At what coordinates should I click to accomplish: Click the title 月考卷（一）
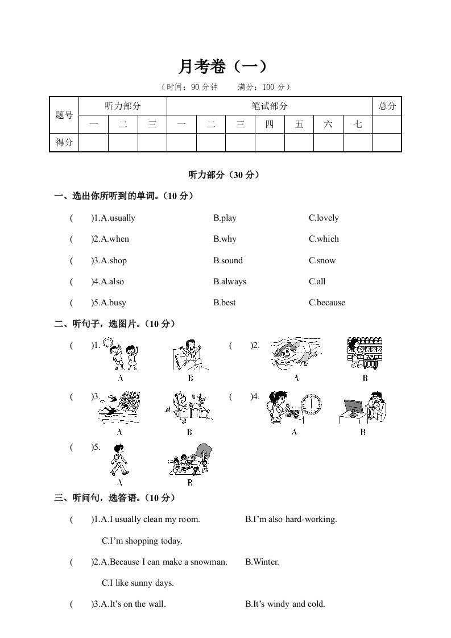(222, 67)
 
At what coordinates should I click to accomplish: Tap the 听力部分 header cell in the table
(123, 106)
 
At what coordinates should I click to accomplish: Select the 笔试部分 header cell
(270, 106)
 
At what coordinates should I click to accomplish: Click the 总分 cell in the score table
(387, 106)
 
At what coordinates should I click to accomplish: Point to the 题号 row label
(64, 115)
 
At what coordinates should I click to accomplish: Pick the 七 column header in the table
(357, 124)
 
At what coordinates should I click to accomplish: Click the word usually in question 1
(122, 218)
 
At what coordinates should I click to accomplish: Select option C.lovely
(324, 218)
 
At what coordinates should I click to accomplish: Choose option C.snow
(322, 260)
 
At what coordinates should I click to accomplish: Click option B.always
(230, 281)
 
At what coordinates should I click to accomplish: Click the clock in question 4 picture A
(311, 405)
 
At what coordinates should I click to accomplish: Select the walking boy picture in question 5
(119, 460)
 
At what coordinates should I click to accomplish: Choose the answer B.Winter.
(262, 562)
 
